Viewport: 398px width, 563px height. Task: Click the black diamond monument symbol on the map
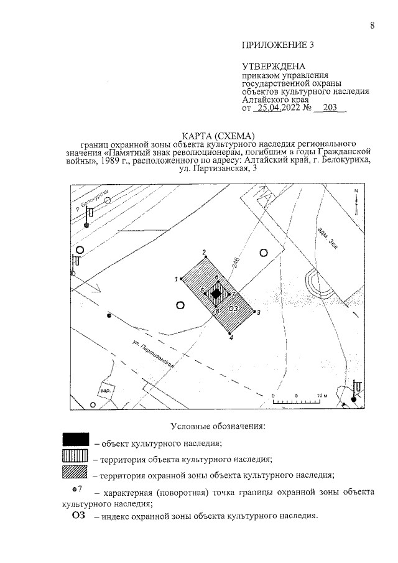pos(216,294)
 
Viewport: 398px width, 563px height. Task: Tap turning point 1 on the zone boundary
pos(182,279)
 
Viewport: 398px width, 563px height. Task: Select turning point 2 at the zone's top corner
pos(205,257)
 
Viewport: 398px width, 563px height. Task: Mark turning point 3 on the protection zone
pos(254,312)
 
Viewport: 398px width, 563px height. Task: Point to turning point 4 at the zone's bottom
pos(229,333)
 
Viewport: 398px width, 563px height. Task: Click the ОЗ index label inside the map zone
pos(233,309)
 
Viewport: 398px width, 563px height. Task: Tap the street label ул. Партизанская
pos(153,354)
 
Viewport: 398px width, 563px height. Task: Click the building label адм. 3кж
pos(326,238)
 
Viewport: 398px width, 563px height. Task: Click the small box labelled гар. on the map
pos(106,389)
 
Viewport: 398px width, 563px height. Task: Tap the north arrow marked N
pos(356,201)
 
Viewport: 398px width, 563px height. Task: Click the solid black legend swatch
pos(75,439)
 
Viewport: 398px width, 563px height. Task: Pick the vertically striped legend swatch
pos(75,455)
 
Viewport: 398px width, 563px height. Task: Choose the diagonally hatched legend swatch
pos(75,472)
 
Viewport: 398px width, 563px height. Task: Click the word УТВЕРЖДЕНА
pos(274,67)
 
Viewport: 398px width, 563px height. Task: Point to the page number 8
pos(372,26)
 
